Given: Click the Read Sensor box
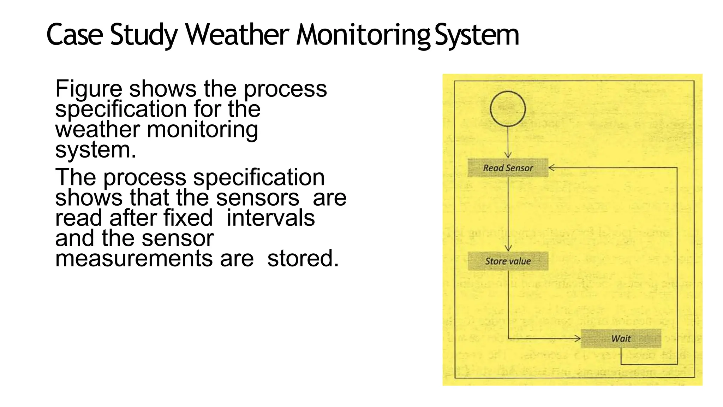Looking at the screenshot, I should click(x=508, y=168).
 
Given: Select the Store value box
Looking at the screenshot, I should click(x=508, y=261).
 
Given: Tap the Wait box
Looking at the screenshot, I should click(x=621, y=338).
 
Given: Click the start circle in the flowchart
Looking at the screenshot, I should click(x=508, y=109).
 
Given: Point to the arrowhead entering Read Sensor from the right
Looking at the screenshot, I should click(x=551, y=168).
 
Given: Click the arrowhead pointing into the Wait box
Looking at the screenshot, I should click(x=578, y=339).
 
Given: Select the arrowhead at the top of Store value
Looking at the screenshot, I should click(x=508, y=249).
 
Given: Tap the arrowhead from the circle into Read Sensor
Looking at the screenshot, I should click(x=508, y=155).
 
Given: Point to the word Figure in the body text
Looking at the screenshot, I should click(x=89, y=89).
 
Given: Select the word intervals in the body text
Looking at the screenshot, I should click(x=270, y=218).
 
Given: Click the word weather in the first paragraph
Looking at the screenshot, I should click(x=97, y=129).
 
